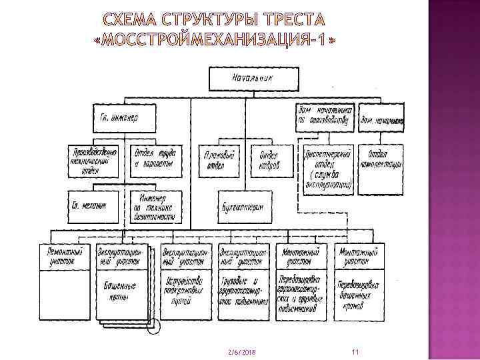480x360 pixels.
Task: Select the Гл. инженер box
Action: coord(128,118)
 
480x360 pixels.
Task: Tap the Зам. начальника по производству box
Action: coord(325,115)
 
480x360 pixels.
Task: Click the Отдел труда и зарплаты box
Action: coord(153,160)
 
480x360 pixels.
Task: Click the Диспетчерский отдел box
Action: coord(327,169)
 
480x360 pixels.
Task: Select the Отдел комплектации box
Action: coord(381,160)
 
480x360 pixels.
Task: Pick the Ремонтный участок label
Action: coord(65,255)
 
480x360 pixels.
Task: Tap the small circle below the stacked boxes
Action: coord(153,326)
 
